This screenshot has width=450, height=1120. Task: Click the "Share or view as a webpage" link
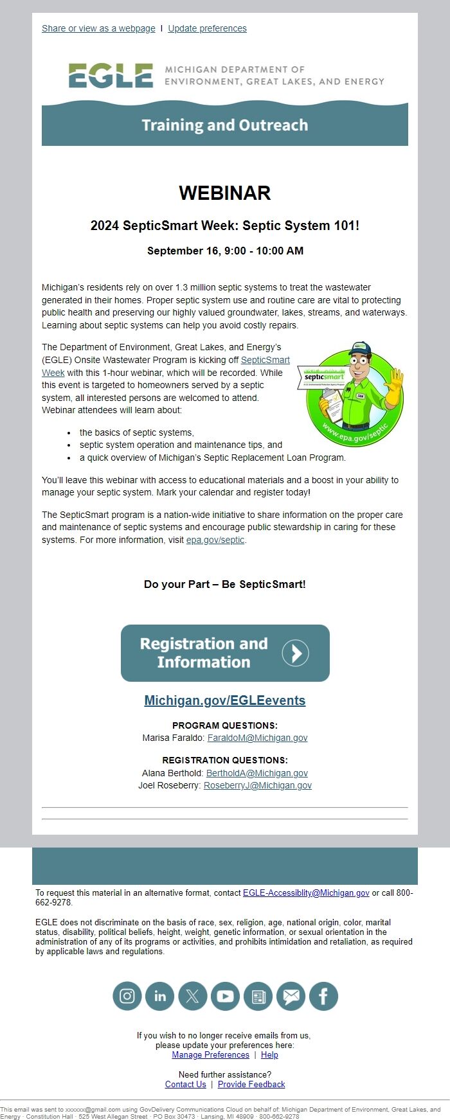pyautogui.click(x=98, y=28)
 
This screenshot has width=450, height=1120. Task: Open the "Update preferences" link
pyautogui.click(x=207, y=28)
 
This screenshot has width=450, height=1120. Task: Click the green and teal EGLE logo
pyautogui.click(x=111, y=76)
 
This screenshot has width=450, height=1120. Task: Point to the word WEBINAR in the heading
pyautogui.click(x=224, y=193)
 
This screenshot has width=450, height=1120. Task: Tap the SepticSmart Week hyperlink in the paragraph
pyautogui.click(x=265, y=360)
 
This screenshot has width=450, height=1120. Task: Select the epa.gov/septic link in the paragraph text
pyautogui.click(x=215, y=540)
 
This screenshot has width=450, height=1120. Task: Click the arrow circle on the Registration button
pyautogui.click(x=296, y=653)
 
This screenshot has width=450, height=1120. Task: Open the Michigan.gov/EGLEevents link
pyautogui.click(x=224, y=700)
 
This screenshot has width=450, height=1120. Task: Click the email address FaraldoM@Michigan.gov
pyautogui.click(x=257, y=738)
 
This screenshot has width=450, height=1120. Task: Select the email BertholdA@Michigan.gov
pyautogui.click(x=256, y=773)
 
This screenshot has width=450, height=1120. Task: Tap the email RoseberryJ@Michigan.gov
pyautogui.click(x=257, y=785)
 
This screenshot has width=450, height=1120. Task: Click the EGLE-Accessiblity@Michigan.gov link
pyautogui.click(x=306, y=893)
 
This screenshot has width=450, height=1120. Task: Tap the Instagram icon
pyautogui.click(x=127, y=996)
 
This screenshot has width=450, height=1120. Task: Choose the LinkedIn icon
pyautogui.click(x=160, y=996)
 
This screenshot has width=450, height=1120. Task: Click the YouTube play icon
pyautogui.click(x=225, y=996)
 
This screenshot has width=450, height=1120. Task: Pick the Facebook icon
pyautogui.click(x=323, y=996)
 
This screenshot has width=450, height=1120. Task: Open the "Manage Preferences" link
pyautogui.click(x=210, y=1054)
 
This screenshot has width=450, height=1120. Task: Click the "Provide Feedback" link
pyautogui.click(x=251, y=1084)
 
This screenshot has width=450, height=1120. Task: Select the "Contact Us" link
pyautogui.click(x=186, y=1084)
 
